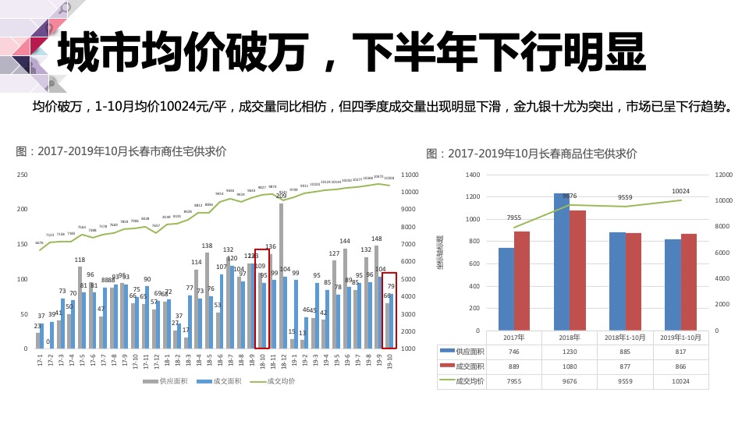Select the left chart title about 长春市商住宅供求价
tap(121, 151)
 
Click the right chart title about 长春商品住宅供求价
tap(531, 154)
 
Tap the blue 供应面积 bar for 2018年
tap(562, 261)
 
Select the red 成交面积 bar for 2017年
tap(522, 281)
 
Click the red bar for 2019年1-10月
tap(689, 282)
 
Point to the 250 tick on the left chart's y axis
tap(23, 175)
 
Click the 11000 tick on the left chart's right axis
tap(409, 175)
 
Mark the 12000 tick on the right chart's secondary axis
tap(725, 175)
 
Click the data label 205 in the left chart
tap(281, 196)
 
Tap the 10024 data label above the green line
tap(680, 191)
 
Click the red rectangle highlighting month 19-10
tap(389, 310)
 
